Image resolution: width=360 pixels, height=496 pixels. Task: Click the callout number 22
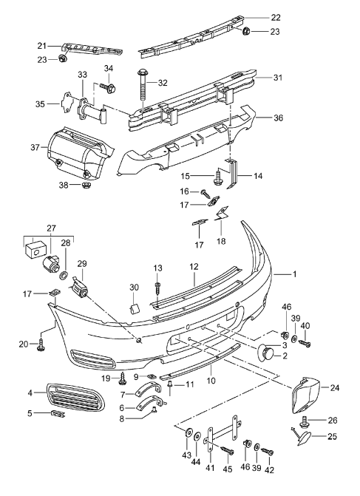(x=276, y=18)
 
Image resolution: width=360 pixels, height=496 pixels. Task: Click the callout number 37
(x=35, y=147)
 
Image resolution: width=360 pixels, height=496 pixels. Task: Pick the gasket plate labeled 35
(x=67, y=103)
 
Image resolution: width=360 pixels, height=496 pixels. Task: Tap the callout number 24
(x=335, y=387)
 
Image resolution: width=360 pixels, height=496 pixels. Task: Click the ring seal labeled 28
(x=64, y=274)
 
